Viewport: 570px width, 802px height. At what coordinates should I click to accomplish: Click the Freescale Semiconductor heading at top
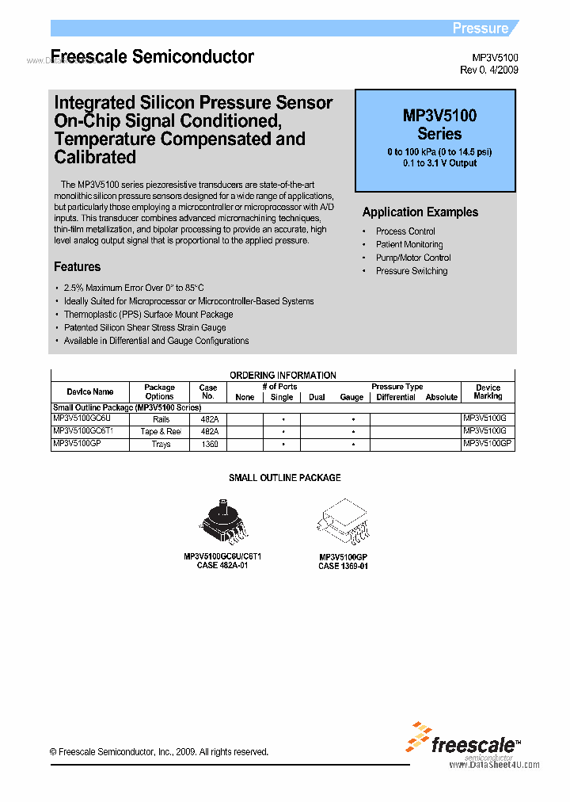(x=152, y=57)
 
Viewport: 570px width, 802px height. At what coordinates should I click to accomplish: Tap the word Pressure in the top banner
(x=480, y=29)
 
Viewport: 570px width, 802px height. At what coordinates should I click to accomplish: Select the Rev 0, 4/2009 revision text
(x=489, y=71)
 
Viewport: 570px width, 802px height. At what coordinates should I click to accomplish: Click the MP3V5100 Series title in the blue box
(x=439, y=124)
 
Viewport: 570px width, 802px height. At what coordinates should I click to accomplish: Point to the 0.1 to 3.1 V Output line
(x=439, y=163)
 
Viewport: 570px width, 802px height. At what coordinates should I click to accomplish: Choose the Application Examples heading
(x=420, y=212)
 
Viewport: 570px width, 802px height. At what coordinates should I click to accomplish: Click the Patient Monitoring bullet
(x=409, y=245)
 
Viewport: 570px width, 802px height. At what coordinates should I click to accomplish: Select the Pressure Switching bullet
(x=411, y=271)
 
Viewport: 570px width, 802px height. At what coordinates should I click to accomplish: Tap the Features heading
(x=77, y=267)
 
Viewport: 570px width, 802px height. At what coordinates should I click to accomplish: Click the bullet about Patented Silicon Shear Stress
(x=144, y=327)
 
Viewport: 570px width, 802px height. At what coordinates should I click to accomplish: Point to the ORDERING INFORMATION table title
(x=283, y=375)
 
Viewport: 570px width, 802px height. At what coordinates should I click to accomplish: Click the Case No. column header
(x=208, y=391)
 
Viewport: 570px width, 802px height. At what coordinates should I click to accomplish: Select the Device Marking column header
(x=488, y=391)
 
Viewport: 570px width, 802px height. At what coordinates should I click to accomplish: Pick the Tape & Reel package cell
(x=160, y=432)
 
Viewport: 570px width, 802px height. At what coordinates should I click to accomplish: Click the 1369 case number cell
(x=208, y=445)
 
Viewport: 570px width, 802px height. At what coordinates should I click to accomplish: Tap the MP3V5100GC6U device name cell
(x=82, y=418)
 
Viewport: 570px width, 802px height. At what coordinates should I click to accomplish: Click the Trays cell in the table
(x=161, y=445)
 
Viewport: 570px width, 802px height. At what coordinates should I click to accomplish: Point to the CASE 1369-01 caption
(x=343, y=566)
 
